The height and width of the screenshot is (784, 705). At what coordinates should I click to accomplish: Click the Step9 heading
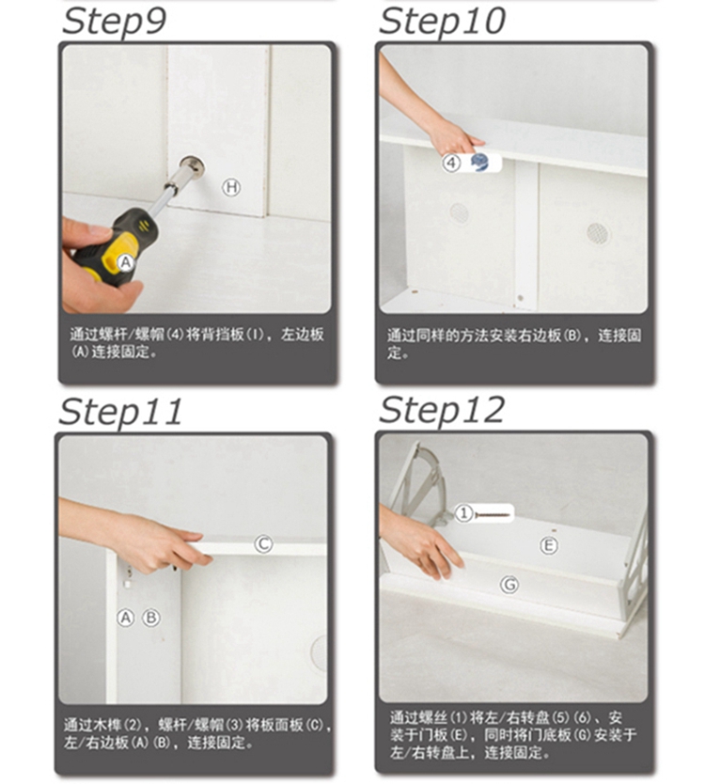(114, 22)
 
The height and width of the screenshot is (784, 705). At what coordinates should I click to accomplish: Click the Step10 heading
(442, 22)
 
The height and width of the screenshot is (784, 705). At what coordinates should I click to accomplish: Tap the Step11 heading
(120, 412)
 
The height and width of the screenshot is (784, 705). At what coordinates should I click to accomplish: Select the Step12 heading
(442, 411)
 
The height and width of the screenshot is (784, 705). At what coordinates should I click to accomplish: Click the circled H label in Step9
(231, 187)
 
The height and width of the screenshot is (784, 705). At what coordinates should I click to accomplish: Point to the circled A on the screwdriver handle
(126, 262)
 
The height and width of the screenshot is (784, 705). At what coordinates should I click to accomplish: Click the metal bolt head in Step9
(192, 166)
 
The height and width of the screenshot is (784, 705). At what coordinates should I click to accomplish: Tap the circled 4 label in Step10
(451, 163)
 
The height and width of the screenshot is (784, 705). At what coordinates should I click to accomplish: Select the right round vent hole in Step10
(598, 233)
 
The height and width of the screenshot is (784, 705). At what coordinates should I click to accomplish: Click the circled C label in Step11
(263, 544)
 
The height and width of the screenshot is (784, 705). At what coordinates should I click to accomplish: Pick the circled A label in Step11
(126, 618)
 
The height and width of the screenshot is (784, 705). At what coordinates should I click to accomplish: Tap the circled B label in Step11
(151, 618)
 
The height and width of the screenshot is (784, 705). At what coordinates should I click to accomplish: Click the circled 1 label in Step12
(464, 513)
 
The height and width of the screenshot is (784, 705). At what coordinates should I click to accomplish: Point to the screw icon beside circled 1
(493, 514)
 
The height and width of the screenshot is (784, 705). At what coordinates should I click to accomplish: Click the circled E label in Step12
(549, 545)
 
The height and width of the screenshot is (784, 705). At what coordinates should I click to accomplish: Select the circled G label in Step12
(509, 585)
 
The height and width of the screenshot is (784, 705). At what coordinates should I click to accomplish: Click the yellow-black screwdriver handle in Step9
(116, 248)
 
